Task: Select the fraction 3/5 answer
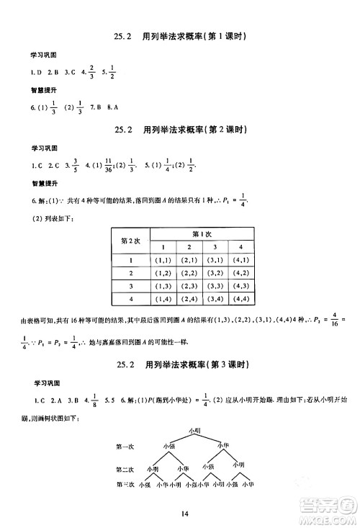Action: [71, 166]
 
